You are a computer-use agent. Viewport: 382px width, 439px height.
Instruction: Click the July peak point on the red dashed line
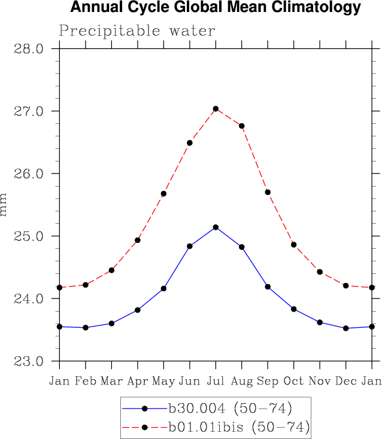pyautogui.click(x=216, y=109)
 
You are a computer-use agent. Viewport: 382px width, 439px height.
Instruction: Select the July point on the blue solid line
pyautogui.click(x=216, y=227)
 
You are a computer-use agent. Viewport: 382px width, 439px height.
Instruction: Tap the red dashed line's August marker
pyautogui.click(x=242, y=126)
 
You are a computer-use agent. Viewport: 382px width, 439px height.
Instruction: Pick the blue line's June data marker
pyautogui.click(x=190, y=246)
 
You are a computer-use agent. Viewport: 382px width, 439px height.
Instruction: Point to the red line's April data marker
pyautogui.click(x=138, y=240)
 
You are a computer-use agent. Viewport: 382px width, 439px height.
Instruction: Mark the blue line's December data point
pyautogui.click(x=345, y=328)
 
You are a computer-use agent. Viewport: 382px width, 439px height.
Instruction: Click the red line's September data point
pyautogui.click(x=268, y=192)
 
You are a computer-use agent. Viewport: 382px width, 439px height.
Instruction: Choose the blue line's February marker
pyautogui.click(x=86, y=328)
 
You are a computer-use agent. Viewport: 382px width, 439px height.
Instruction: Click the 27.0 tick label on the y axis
pyautogui.click(x=29, y=111)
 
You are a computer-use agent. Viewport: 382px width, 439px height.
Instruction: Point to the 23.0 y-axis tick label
pyautogui.click(x=29, y=361)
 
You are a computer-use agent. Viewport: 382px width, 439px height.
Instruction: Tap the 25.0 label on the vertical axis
pyautogui.click(x=29, y=236)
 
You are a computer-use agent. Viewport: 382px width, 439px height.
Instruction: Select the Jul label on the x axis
pyautogui.click(x=216, y=381)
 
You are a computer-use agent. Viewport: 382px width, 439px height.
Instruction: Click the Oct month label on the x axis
pyautogui.click(x=293, y=381)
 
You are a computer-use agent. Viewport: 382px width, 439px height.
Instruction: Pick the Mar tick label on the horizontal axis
pyautogui.click(x=111, y=381)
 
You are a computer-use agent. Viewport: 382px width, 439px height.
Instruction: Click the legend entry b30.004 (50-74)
pyautogui.click(x=229, y=409)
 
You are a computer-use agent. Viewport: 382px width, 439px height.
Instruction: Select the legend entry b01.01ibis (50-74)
pyautogui.click(x=238, y=427)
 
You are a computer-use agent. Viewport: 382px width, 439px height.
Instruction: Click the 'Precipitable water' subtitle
pyautogui.click(x=137, y=31)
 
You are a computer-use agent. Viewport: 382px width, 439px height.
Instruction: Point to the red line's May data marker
pyautogui.click(x=163, y=194)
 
